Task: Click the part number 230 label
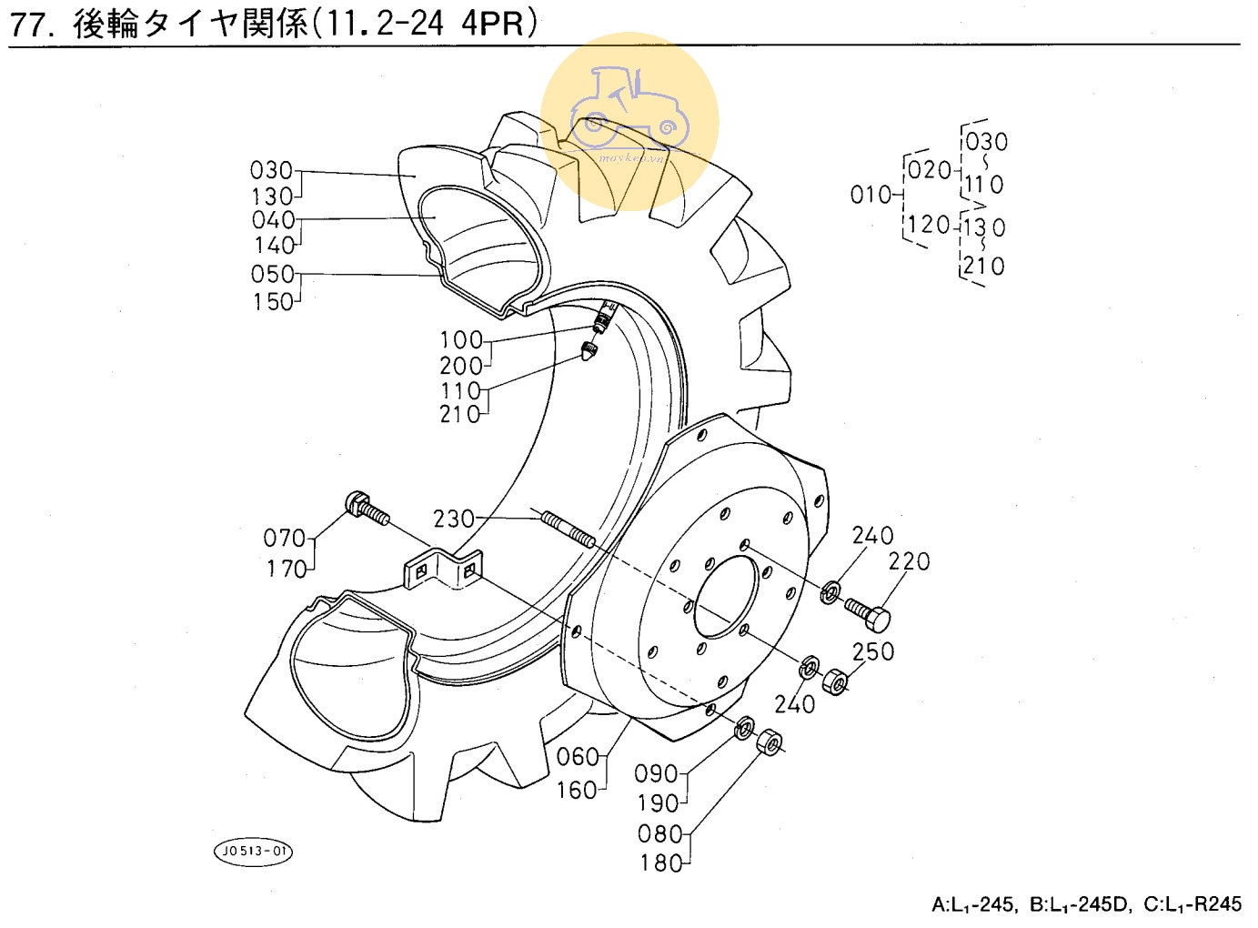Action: point(454,519)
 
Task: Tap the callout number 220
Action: point(909,561)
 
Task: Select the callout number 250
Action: point(873,651)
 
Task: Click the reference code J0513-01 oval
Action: point(254,851)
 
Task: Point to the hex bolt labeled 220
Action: point(868,614)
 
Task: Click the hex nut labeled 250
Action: point(834,681)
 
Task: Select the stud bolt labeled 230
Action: point(569,529)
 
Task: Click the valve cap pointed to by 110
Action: point(589,351)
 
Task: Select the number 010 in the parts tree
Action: point(871,195)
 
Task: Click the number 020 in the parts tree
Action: point(930,169)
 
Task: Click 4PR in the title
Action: point(492,24)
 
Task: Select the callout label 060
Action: point(578,757)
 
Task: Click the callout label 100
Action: point(462,340)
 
